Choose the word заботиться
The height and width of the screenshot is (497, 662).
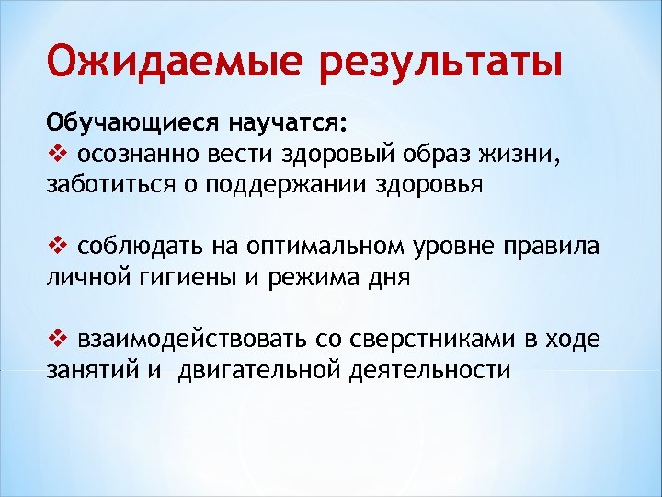pyautogui.click(x=103, y=184)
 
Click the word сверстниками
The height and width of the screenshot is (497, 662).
pyautogui.click(x=429, y=341)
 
